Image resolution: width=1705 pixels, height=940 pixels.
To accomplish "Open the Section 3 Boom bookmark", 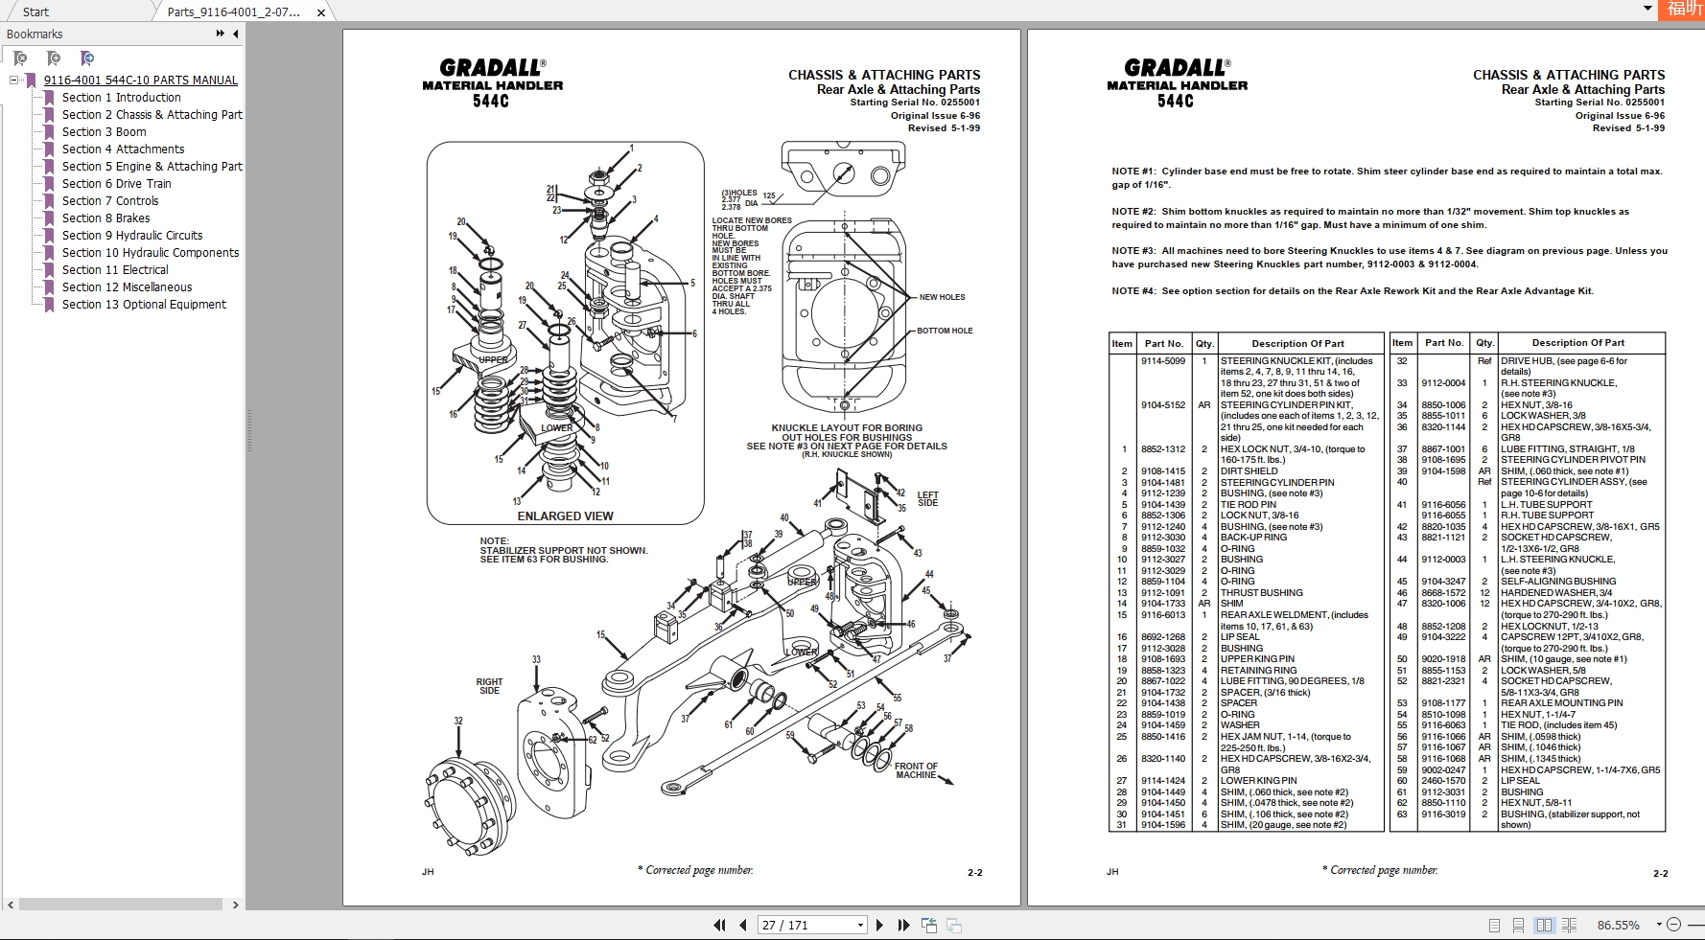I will click(104, 132).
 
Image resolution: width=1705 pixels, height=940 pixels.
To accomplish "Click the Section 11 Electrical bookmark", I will click(115, 270).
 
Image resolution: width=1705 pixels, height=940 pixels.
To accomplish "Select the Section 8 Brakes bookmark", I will click(105, 218).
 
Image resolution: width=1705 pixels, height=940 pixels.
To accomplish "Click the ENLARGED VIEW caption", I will click(565, 516).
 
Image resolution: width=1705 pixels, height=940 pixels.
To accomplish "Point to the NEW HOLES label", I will click(942, 297).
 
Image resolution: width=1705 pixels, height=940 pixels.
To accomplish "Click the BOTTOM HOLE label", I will click(945, 331).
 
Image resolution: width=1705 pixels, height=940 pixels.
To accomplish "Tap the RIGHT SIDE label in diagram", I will click(489, 686).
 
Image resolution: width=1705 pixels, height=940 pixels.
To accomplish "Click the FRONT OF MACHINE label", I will click(916, 770).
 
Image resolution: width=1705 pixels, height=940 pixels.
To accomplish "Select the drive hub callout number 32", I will click(458, 721).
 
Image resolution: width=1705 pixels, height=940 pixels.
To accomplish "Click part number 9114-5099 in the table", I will click(1162, 361).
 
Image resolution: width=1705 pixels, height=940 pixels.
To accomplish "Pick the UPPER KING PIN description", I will click(1257, 659).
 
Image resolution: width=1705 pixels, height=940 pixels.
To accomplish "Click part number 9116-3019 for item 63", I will click(1442, 814).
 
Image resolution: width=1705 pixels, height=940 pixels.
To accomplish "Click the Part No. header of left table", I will click(1163, 344).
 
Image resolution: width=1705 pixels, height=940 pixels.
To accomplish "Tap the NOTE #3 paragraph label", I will click(1133, 251).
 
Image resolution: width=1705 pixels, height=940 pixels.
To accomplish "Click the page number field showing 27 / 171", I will click(810, 926).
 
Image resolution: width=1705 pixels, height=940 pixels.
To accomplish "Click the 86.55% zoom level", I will click(1618, 926).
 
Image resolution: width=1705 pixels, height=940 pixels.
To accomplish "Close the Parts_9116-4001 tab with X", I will click(321, 12).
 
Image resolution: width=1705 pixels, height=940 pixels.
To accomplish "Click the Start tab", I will click(36, 12).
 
